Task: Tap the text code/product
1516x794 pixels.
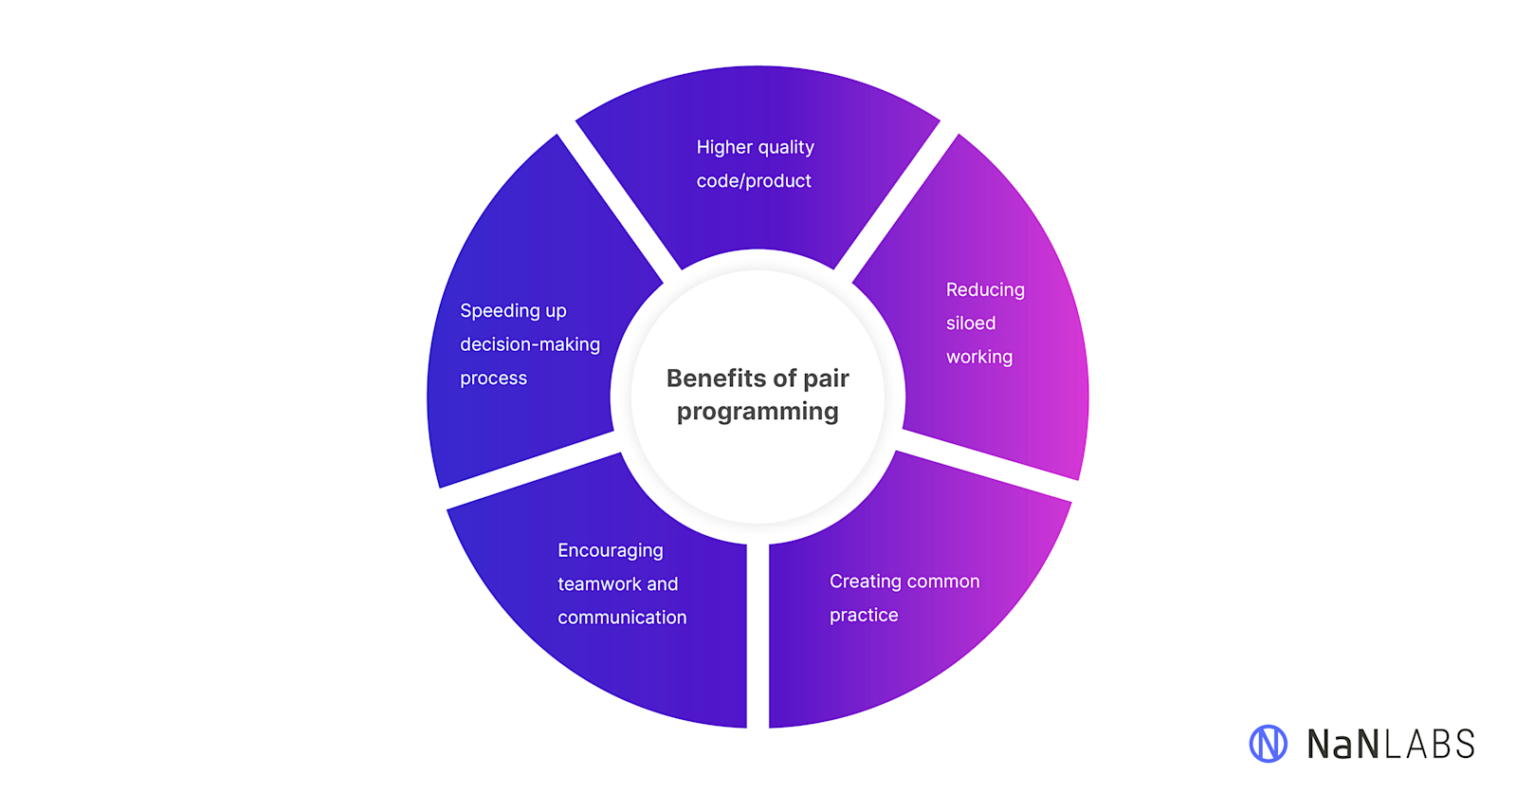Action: pos(754,181)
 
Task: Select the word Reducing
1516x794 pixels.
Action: pos(985,290)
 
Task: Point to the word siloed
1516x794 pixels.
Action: pos(971,323)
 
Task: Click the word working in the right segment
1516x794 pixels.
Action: pos(979,358)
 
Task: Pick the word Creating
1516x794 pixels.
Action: pos(865,582)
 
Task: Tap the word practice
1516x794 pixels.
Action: pos(864,616)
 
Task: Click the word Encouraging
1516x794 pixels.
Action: pos(611,551)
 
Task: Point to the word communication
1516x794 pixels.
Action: pos(622,618)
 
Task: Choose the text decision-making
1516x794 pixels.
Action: pos(530,344)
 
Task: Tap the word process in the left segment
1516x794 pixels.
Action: pos(493,379)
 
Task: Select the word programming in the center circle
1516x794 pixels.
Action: pos(758,412)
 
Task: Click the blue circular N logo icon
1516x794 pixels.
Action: pos(1268,744)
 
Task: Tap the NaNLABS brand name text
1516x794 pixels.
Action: pos(1391,745)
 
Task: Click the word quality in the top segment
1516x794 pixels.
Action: pos(786,147)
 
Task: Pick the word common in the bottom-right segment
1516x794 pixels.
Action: pos(943,582)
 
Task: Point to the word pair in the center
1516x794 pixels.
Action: pos(826,379)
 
